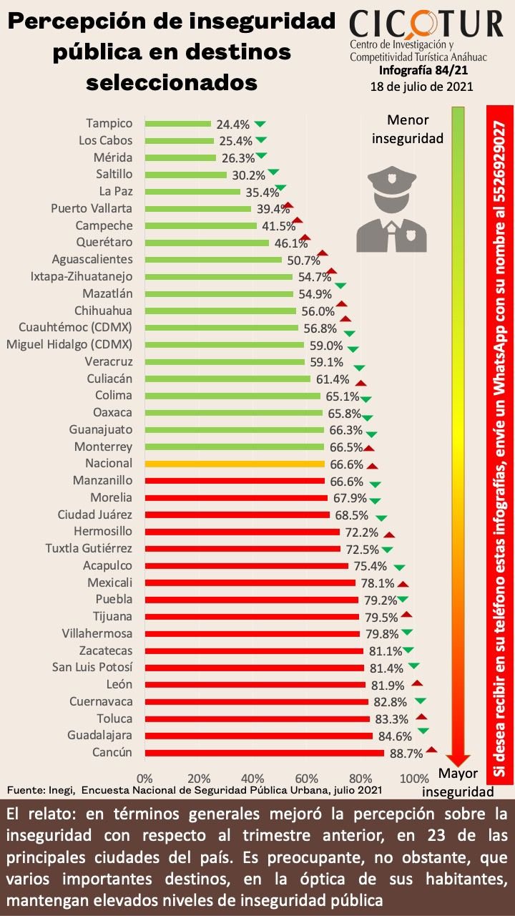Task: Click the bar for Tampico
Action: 178,124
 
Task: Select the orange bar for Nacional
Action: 235,464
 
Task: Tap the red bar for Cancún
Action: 265,754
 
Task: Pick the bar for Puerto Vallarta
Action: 198,209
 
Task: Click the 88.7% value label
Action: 406,754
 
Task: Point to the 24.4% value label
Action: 233,125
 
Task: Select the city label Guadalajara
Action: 99,735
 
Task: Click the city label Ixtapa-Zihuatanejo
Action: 82,276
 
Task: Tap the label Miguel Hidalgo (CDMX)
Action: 69,344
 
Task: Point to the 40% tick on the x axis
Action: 252,778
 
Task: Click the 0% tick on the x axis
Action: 144,778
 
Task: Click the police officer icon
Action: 391,209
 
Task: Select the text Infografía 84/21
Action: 423,70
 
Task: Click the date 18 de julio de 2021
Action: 422,87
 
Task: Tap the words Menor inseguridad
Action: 408,130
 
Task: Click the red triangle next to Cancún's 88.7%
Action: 431,749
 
